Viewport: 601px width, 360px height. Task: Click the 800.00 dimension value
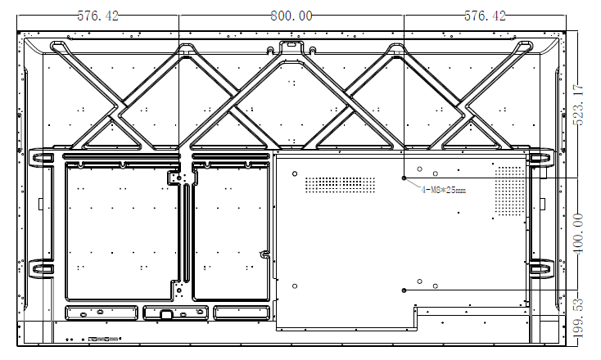tap(291, 16)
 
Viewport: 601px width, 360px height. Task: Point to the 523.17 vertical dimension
tap(578, 105)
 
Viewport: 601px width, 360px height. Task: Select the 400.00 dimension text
tap(578, 234)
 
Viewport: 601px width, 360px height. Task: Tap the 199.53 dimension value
tap(579, 318)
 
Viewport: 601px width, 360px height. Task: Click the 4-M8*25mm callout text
tap(444, 190)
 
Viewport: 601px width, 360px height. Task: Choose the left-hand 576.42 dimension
tap(98, 16)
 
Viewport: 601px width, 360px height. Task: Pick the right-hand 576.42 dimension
tap(485, 16)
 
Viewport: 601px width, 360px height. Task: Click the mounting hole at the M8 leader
tap(404, 178)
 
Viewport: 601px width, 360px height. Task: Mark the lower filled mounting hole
tap(404, 290)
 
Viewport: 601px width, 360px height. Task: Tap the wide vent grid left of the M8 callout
tap(340, 185)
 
